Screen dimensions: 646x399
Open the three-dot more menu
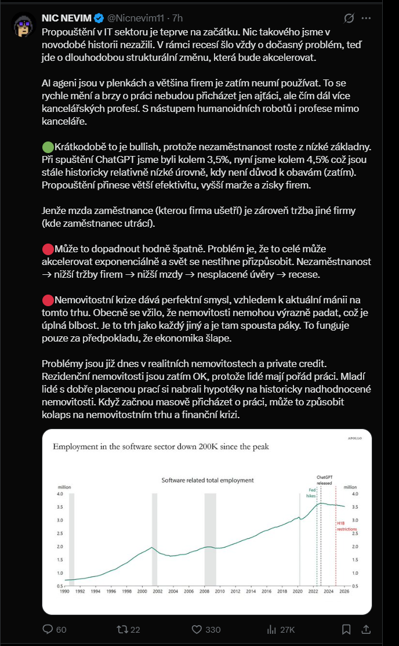[x=366, y=19]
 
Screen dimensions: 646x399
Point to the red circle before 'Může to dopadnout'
[x=48, y=249]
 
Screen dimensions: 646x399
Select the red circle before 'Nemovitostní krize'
[x=48, y=300]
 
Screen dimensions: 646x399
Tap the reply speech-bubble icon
[x=48, y=629]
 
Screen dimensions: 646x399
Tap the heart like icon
[x=196, y=629]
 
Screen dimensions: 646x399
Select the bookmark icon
[x=346, y=629]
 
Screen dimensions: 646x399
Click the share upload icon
[x=367, y=629]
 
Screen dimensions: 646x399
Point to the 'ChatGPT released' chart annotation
[x=324, y=478]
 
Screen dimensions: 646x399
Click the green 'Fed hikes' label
[x=311, y=492]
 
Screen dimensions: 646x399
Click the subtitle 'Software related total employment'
[x=207, y=480]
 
